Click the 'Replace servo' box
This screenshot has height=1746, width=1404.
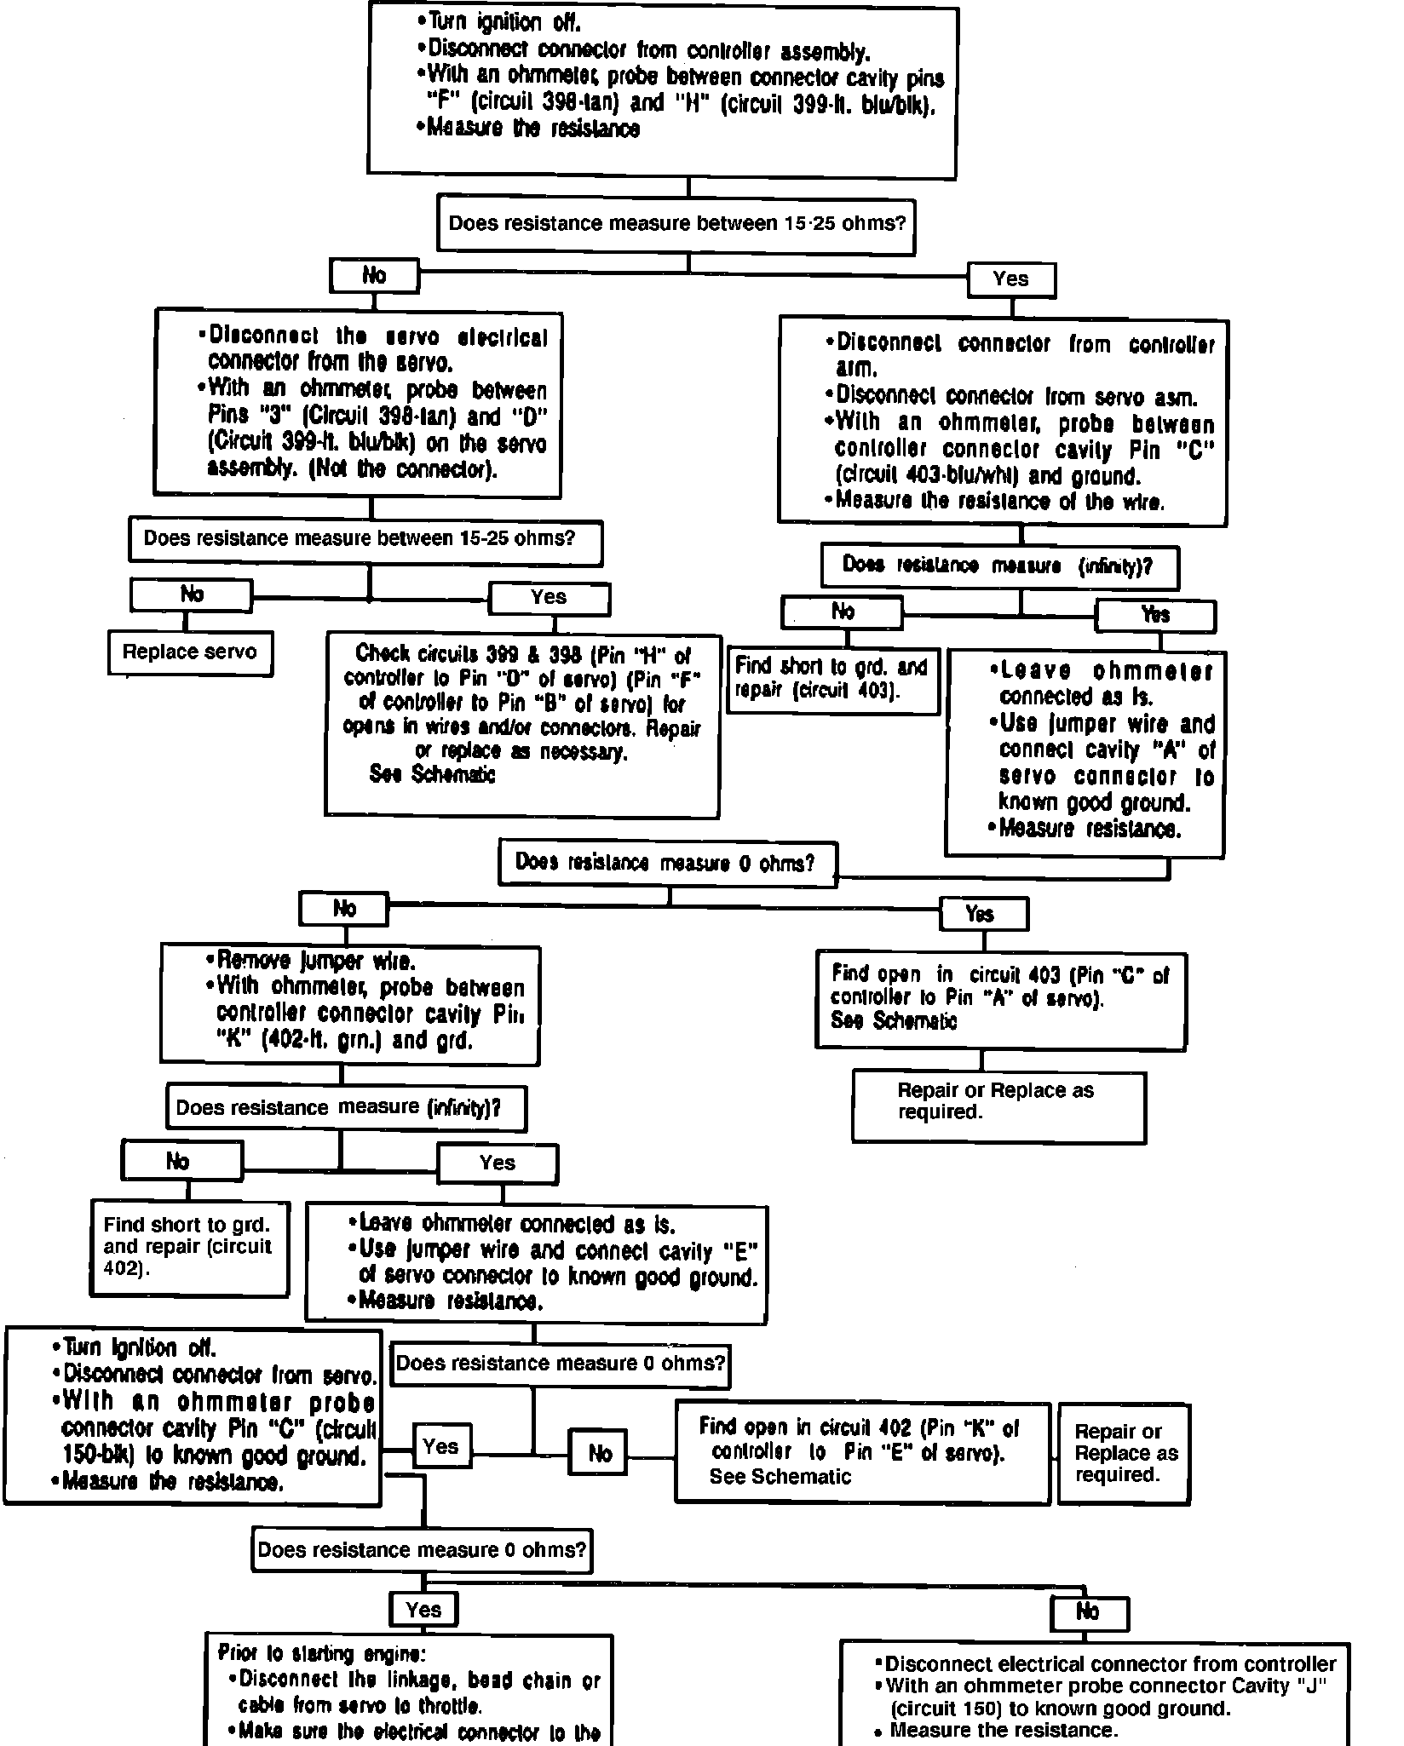[190, 653]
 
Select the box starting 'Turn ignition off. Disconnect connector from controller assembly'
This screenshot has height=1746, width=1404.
[662, 92]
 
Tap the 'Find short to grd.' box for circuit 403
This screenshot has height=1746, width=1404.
[833, 679]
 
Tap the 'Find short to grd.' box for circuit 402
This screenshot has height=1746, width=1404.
[189, 1248]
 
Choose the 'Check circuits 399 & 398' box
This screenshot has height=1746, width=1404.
[522, 725]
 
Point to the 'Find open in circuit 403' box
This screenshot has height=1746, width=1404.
[1000, 1000]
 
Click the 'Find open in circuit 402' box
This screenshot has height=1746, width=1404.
[861, 1452]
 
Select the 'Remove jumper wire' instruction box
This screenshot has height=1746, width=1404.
[349, 1004]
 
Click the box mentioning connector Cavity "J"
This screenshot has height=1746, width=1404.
[1094, 1695]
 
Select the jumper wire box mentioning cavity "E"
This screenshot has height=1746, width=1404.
[536, 1264]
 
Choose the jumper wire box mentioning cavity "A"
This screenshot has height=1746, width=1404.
[1084, 753]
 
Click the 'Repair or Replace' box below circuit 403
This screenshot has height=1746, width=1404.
[998, 1106]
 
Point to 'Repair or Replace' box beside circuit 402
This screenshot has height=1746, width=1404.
[1123, 1453]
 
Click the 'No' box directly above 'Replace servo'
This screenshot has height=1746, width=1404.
[192, 594]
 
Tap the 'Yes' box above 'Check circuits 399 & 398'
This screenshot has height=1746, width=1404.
[549, 598]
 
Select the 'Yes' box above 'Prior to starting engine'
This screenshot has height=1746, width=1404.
[423, 1609]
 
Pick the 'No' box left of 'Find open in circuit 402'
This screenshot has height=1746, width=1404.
[599, 1453]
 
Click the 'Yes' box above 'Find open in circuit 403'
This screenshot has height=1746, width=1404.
[982, 914]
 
